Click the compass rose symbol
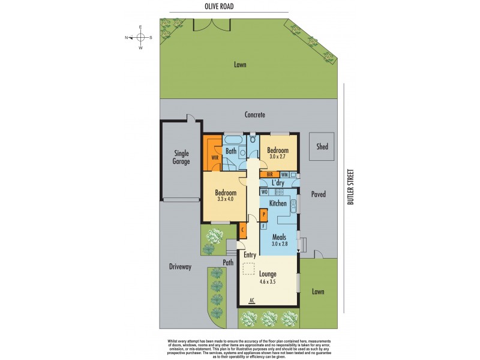tap(140, 37)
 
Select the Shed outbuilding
tap(322, 146)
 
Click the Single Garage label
tap(181, 157)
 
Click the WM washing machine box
tap(284, 175)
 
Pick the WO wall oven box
tap(264, 192)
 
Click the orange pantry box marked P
tap(263, 214)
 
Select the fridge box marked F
tap(263, 226)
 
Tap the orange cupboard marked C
tap(242, 229)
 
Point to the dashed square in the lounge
tap(248, 269)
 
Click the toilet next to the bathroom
tap(253, 137)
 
